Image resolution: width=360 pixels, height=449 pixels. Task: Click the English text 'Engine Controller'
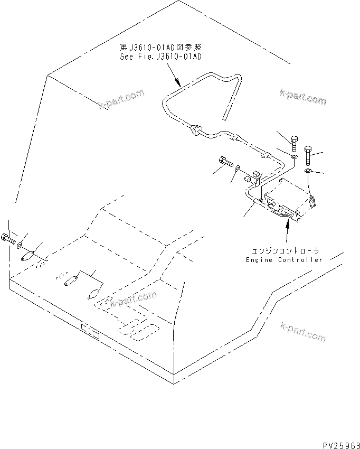(284, 260)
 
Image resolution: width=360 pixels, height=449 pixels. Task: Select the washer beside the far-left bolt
(20, 246)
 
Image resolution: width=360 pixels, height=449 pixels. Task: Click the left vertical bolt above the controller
(294, 142)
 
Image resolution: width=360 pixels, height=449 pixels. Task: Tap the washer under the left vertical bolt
(294, 157)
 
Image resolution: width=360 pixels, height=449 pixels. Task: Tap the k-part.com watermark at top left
(121, 99)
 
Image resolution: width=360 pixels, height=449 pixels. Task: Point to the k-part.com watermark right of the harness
(303, 97)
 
